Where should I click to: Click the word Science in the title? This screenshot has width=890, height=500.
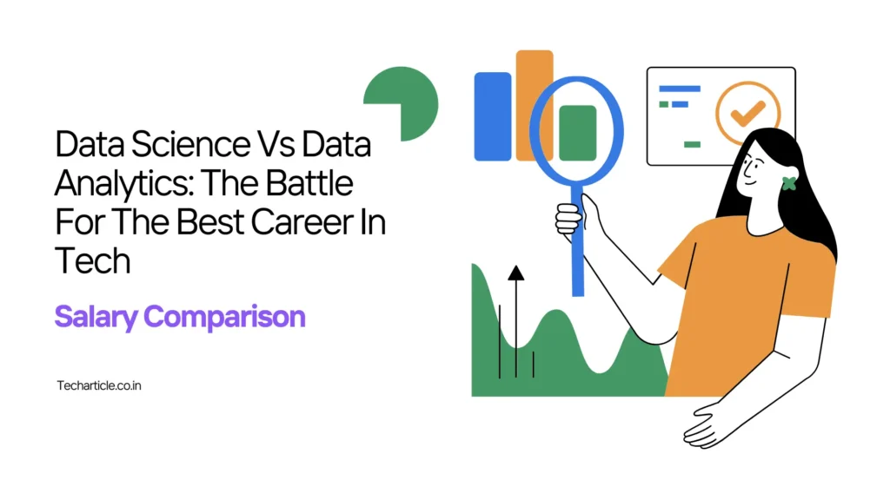point(190,144)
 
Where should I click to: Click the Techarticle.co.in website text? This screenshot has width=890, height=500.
point(99,385)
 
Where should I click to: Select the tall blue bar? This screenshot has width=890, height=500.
point(493,116)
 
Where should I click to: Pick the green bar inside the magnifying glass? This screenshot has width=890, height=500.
point(578,133)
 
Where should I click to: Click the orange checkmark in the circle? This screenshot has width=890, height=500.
point(747,113)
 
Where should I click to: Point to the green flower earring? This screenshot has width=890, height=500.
point(789,183)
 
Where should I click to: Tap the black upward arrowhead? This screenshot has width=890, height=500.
point(516,273)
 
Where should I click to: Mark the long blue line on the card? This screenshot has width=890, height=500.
point(680,89)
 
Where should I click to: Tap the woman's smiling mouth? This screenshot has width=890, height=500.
point(749,182)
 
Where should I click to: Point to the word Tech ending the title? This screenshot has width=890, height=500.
point(92,260)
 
